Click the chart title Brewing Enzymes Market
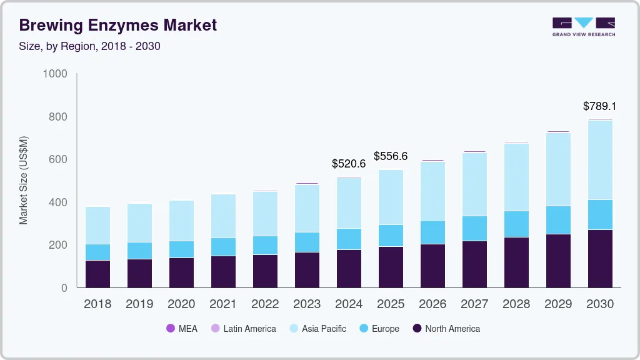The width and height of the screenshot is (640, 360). click(x=118, y=25)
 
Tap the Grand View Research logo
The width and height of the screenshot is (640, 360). click(x=583, y=26)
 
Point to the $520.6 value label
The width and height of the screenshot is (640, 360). click(x=348, y=164)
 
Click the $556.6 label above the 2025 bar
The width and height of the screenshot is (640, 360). click(x=391, y=156)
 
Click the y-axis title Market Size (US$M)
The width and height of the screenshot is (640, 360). click(x=23, y=180)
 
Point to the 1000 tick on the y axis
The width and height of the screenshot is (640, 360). click(x=55, y=74)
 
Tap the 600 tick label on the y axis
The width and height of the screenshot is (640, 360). click(x=58, y=160)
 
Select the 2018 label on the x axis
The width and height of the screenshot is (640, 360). click(x=97, y=304)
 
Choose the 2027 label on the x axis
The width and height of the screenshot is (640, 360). click(x=474, y=304)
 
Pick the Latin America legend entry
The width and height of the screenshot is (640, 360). click(x=243, y=329)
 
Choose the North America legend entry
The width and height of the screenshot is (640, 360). click(x=446, y=329)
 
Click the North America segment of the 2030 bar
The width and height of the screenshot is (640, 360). click(x=600, y=259)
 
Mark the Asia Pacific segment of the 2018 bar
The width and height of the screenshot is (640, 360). click(x=97, y=226)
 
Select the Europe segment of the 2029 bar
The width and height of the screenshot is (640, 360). click(x=558, y=220)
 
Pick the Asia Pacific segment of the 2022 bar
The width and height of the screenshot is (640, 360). click(x=265, y=214)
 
